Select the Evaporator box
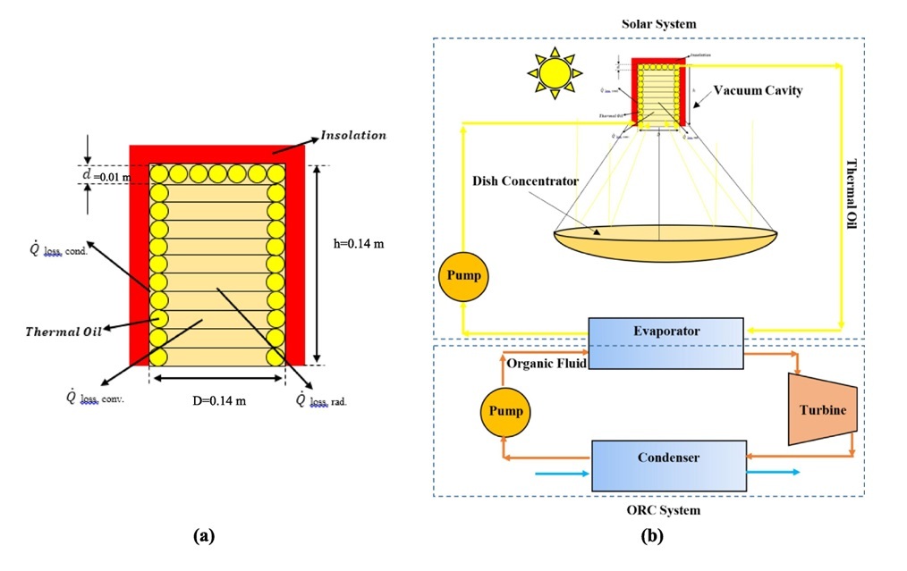click(x=665, y=342)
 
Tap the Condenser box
click(x=668, y=466)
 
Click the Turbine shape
click(x=822, y=410)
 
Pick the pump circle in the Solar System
click(x=463, y=275)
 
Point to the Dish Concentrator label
click(x=526, y=181)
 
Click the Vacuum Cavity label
click(x=758, y=90)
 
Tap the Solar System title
click(x=658, y=22)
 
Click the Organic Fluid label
click(x=546, y=363)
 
